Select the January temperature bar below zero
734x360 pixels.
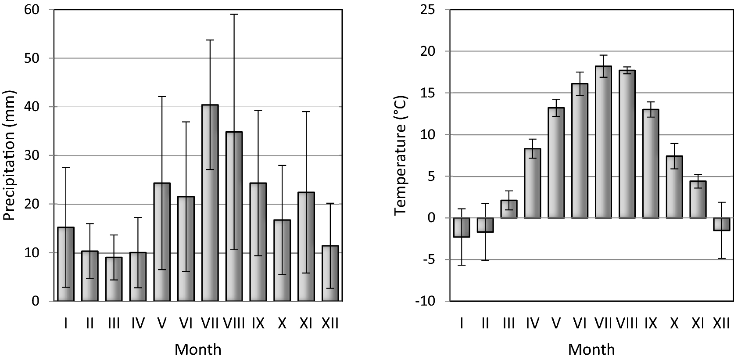pyautogui.click(x=462, y=227)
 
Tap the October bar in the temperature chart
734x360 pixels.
pyautogui.click(x=674, y=187)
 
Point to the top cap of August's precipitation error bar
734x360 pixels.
pyautogui.click(x=234, y=14)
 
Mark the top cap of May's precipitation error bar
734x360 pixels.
pyautogui.click(x=162, y=97)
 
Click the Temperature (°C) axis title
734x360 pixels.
pyautogui.click(x=401, y=156)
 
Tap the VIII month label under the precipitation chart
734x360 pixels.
pyautogui.click(x=234, y=324)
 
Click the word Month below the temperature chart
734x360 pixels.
pyautogui.click(x=591, y=350)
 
